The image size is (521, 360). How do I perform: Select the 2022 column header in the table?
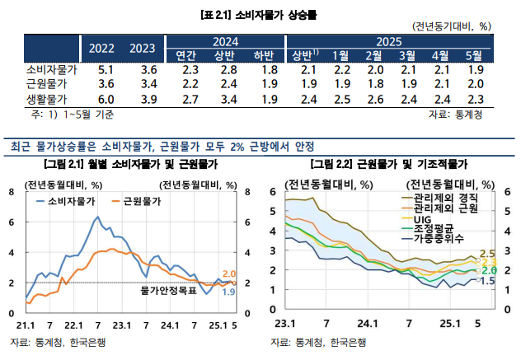102,47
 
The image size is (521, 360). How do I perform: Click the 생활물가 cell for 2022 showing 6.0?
106,100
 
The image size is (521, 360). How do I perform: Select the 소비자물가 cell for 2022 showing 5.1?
106,70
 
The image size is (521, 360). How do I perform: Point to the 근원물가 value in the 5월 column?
475,85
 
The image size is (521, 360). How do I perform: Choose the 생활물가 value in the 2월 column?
375,100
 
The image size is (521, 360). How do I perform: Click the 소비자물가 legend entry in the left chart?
70,200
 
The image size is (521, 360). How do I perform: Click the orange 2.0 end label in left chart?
229,274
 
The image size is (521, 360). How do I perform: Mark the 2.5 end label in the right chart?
486,253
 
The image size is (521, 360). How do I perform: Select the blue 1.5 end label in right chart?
486,282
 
